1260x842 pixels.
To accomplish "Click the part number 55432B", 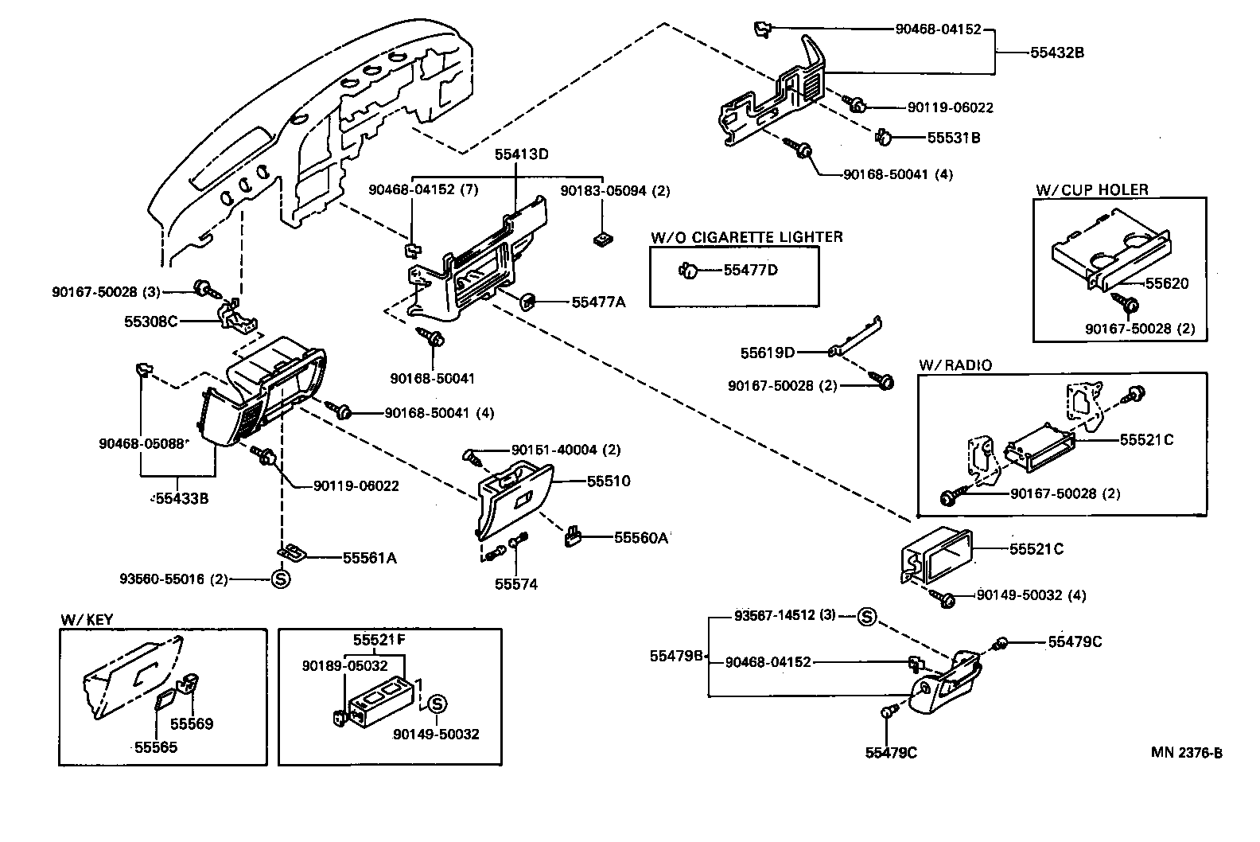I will point(1057,53).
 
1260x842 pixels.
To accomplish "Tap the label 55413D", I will point(521,154).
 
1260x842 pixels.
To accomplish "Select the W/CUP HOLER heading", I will point(1091,189).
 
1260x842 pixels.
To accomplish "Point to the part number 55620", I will point(1166,283).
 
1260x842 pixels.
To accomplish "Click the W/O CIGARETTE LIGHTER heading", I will point(746,236).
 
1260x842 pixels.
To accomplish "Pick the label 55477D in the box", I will point(750,270).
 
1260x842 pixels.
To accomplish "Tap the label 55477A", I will point(598,302).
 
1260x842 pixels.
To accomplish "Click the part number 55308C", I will point(150,322).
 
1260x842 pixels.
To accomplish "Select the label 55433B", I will point(181,499).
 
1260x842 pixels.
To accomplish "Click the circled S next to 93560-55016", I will point(281,579).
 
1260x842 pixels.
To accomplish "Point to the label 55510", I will point(609,481).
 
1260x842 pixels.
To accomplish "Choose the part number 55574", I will point(515,584).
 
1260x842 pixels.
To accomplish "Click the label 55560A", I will point(640,537).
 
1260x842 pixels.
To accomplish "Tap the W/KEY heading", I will point(83,620).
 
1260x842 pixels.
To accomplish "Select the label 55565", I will point(155,746).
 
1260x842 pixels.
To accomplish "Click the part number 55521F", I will point(379,639).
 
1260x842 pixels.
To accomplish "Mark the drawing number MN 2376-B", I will point(1186,753).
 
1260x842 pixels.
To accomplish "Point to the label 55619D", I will point(768,352).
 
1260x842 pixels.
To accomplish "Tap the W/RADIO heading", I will point(955,364).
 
